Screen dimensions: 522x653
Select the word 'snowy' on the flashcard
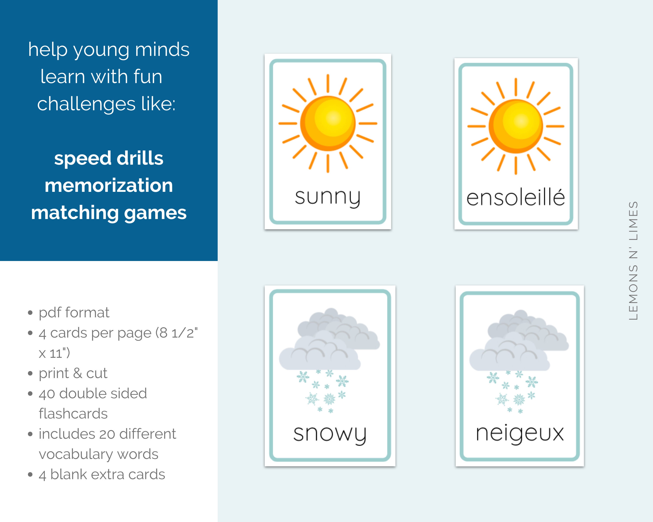pos(330,434)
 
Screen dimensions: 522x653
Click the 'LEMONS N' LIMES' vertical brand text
pos(633,261)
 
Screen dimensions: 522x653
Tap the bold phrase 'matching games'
pos(109,212)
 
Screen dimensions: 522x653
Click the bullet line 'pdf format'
pos(74,312)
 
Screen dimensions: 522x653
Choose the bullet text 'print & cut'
pos(73,373)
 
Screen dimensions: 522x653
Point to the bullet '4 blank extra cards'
pos(102,474)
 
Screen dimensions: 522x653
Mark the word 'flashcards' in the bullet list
pos(73,414)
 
